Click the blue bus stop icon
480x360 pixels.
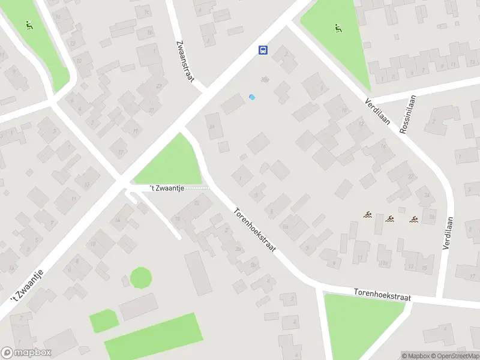[x=263, y=50]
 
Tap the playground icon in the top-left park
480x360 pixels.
[x=28, y=26]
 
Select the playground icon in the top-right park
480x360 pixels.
[x=338, y=28]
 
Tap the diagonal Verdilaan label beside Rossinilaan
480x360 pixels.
[x=377, y=112]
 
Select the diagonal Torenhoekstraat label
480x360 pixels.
[x=254, y=230]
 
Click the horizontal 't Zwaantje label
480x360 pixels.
[x=166, y=188]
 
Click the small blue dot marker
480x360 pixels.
[x=252, y=97]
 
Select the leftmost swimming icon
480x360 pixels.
[x=367, y=215]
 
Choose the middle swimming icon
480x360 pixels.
[x=390, y=218]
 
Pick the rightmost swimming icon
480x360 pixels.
[x=413, y=219]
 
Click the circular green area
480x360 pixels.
[x=141, y=278]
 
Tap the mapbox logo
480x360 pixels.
[x=26, y=352]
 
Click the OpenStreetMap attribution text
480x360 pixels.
[x=454, y=356]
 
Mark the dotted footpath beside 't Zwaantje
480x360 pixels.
[x=197, y=188]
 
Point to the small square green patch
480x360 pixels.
[x=104, y=320]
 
